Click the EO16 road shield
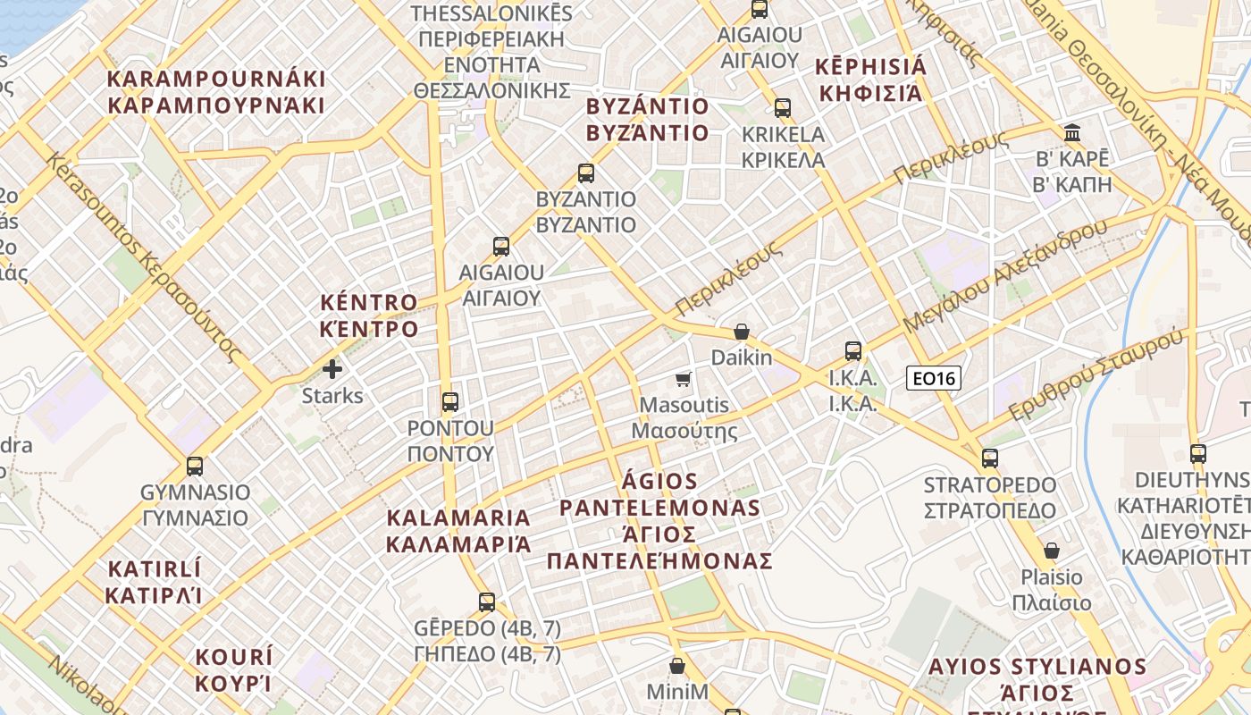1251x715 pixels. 933,378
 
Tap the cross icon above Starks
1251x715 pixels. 332,368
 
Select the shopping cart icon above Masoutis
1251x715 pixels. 684,380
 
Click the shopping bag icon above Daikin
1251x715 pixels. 741,332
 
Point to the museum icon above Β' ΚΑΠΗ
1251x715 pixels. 1072,134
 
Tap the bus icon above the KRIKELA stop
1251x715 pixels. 783,108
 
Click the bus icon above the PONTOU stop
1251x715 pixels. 450,401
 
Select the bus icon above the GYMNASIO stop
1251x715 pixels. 195,466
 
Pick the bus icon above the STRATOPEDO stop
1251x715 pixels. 989,458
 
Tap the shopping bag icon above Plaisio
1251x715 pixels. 1052,551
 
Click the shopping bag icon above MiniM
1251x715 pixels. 677,666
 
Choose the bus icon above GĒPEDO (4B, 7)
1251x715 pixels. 487,601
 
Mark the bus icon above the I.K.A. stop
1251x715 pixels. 853,351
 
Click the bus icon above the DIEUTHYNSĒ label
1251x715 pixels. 1198,454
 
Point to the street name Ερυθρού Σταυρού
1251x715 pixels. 1096,374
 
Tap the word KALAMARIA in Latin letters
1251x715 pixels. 458,517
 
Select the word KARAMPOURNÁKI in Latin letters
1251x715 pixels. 216,79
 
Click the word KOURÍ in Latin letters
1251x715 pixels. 234,658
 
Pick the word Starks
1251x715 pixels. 332,395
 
